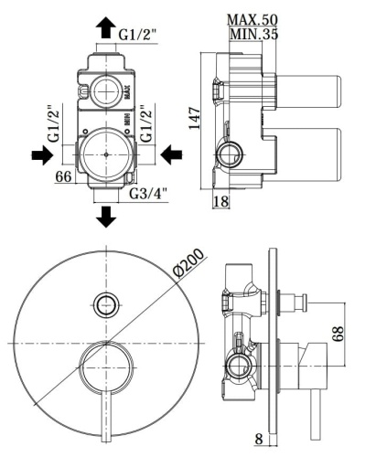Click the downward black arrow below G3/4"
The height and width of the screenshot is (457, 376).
107,216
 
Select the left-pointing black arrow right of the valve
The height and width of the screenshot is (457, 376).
170,155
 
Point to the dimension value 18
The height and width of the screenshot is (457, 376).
220,200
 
